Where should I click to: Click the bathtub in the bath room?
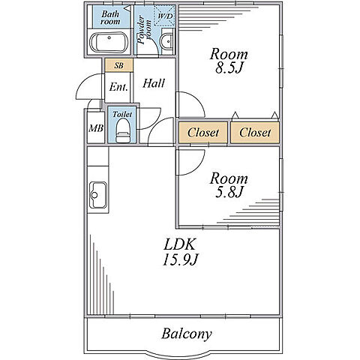pos(109,42)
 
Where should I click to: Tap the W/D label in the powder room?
pos(166,16)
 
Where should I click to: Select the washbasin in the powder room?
pos(167,41)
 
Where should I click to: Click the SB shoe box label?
pos(119,65)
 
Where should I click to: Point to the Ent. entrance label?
pos(118,87)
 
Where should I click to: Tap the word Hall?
pos(154,83)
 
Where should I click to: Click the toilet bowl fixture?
pos(123,130)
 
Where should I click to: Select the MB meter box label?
pos(96,128)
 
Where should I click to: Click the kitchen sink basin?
pos(98,195)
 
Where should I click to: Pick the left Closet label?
pos(203,133)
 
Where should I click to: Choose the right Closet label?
pos(255,133)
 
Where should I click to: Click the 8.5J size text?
pos(229,67)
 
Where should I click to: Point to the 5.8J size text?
pos(229,192)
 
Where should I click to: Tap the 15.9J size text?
pos(180,259)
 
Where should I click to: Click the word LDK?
pos(179,244)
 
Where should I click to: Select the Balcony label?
pos(187,334)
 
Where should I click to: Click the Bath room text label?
pos(110,17)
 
